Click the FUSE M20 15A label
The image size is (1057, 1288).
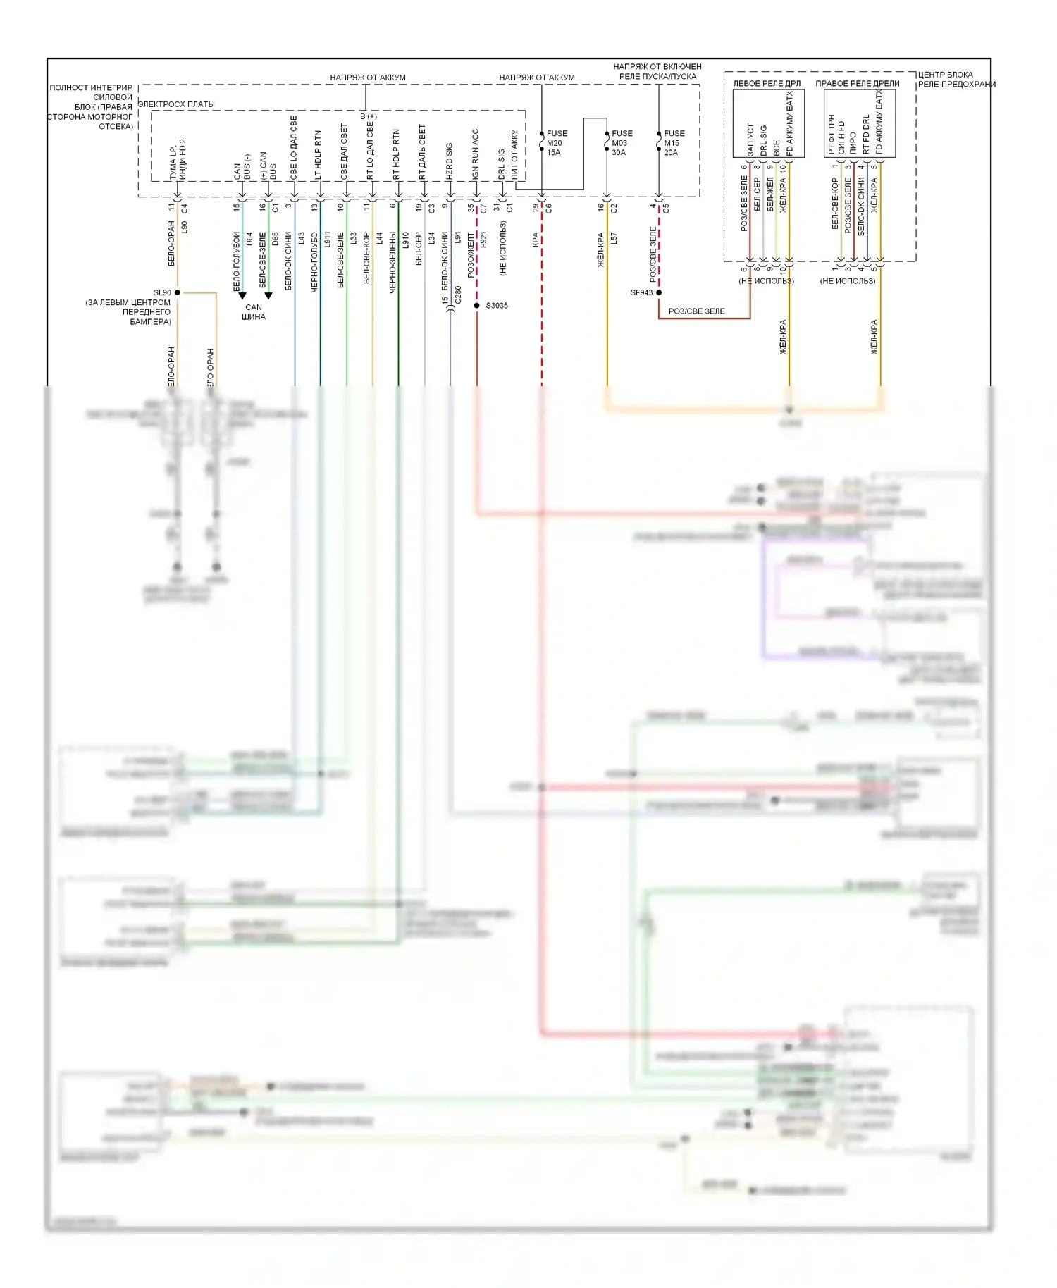(556, 143)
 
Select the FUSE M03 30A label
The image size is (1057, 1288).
(621, 143)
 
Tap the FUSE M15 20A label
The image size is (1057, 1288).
(673, 143)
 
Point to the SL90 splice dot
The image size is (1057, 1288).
(178, 292)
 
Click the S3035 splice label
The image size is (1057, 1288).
(496, 306)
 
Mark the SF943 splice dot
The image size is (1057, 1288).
(659, 292)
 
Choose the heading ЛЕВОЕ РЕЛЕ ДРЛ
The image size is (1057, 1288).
(767, 84)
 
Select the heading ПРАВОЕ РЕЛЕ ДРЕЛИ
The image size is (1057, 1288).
(857, 84)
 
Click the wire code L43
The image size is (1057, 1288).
(302, 239)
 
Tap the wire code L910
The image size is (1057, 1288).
(405, 240)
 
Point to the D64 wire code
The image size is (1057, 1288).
(249, 240)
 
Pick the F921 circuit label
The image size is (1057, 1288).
(483, 240)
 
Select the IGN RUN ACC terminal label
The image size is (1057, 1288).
(475, 154)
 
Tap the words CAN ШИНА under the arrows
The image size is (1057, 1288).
(254, 312)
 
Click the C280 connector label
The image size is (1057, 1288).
(458, 295)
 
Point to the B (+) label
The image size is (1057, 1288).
(369, 116)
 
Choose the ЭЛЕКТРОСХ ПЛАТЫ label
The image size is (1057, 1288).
(176, 104)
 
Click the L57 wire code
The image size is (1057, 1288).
(613, 239)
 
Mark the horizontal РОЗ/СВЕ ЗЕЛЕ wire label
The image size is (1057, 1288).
(696, 311)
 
